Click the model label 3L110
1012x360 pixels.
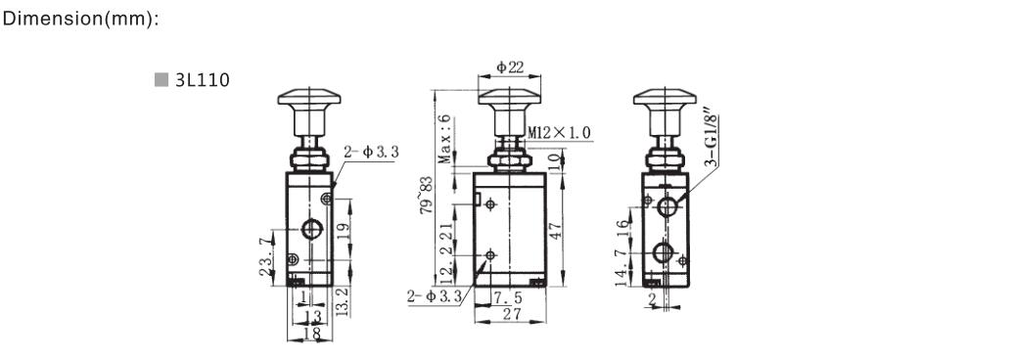click(x=202, y=80)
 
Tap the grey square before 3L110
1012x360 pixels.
click(x=161, y=80)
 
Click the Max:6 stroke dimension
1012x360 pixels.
click(x=444, y=138)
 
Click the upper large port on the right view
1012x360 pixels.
click(x=667, y=206)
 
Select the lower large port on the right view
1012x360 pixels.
click(x=667, y=252)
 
